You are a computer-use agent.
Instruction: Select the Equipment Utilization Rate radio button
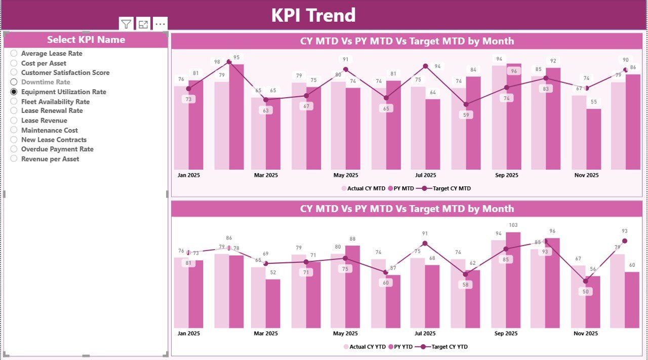[14, 92]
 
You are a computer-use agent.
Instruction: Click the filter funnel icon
[126, 24]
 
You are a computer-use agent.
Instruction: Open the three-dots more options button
[160, 24]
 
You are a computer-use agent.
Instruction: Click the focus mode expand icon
[143, 24]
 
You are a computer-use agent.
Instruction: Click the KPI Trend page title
[313, 15]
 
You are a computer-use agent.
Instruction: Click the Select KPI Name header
[86, 39]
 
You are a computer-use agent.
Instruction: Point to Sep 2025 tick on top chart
[506, 175]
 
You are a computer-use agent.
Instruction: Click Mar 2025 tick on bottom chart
[265, 334]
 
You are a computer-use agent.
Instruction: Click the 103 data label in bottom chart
[513, 225]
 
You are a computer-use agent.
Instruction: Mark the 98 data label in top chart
[217, 62]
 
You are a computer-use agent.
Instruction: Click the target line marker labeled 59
[466, 104]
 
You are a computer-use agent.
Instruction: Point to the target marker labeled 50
[586, 281]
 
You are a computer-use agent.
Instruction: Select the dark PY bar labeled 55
[594, 139]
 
